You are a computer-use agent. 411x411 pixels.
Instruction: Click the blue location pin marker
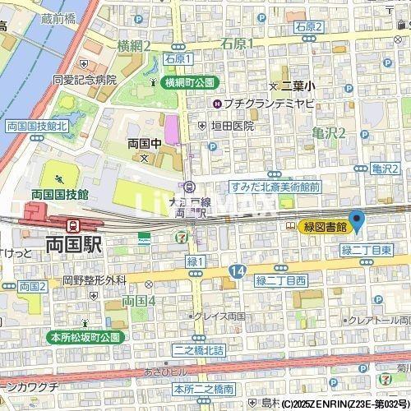point(357,220)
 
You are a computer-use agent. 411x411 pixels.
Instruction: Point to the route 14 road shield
point(238,270)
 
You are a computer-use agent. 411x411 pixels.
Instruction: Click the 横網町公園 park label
point(188,82)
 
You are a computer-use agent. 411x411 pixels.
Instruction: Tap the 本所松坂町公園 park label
point(84,337)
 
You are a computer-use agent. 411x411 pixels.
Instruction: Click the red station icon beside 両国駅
point(73,224)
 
